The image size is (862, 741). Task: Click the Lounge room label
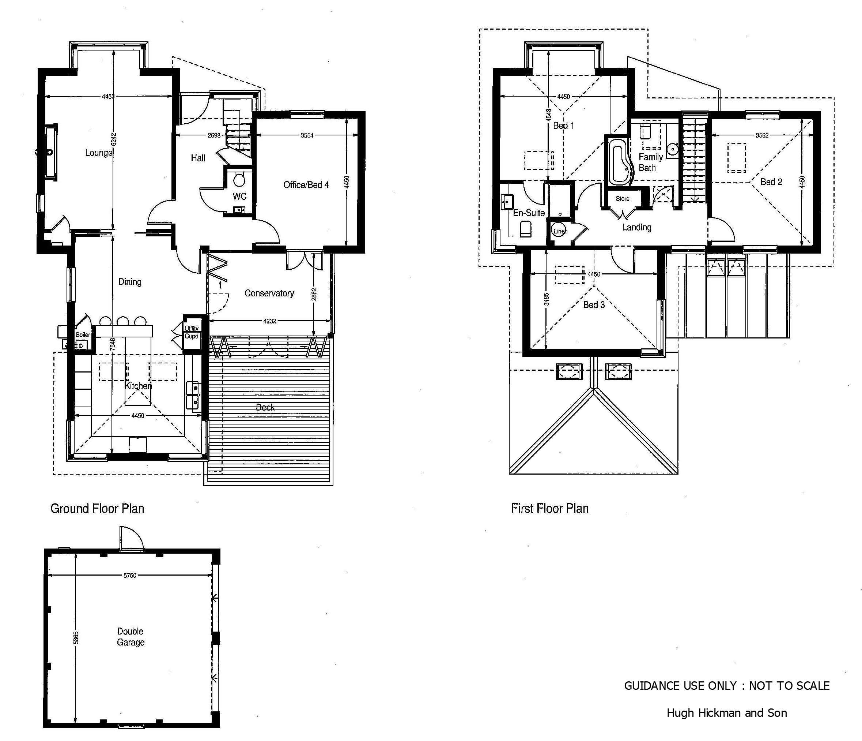[99, 153]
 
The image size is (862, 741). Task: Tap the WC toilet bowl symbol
[239, 180]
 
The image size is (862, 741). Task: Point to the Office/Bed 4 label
[306, 184]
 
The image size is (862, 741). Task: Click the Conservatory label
[269, 293]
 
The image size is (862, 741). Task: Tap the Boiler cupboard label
[83, 335]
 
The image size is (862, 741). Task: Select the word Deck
[265, 407]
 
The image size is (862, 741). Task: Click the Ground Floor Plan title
[97, 509]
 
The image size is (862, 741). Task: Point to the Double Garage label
[131, 637]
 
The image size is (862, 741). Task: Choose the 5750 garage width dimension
[130, 576]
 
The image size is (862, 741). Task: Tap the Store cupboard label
[622, 199]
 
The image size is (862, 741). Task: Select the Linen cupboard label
[560, 231]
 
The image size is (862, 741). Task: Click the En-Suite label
[529, 213]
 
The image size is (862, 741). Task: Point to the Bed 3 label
[594, 305]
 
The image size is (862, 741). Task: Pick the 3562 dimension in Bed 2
[762, 135]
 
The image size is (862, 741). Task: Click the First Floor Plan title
[550, 509]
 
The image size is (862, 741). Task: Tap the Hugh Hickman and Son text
[727, 713]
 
